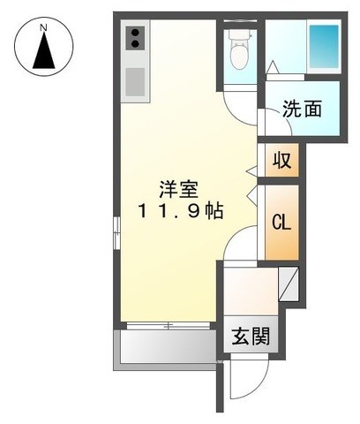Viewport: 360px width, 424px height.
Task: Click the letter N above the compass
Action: pyautogui.click(x=43, y=28)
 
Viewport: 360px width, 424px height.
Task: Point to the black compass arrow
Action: pyautogui.click(x=44, y=50)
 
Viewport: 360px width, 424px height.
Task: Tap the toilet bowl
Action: pyautogui.click(x=238, y=57)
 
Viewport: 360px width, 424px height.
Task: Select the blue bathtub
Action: pyautogui.click(x=324, y=46)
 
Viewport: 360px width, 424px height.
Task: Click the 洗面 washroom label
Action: pyautogui.click(x=302, y=109)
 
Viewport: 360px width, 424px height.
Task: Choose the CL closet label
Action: pyautogui.click(x=281, y=223)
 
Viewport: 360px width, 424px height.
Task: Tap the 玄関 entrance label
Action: pyautogui.click(x=251, y=336)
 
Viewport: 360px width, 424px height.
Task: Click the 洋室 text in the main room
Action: pyautogui.click(x=178, y=189)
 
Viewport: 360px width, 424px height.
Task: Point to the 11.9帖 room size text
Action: pyautogui.click(x=179, y=211)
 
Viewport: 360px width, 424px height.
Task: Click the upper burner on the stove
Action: pyautogui.click(x=135, y=33)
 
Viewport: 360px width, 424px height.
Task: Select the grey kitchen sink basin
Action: pyautogui.click(x=135, y=82)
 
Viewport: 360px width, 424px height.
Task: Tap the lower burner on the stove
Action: pyautogui.click(x=135, y=44)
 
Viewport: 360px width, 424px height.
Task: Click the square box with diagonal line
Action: pyautogui.click(x=289, y=284)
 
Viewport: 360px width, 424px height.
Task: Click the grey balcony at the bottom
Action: pyautogui.click(x=166, y=350)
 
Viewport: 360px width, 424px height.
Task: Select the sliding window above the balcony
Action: pyautogui.click(x=169, y=326)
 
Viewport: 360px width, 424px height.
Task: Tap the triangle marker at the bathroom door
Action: pyautogui.click(x=273, y=67)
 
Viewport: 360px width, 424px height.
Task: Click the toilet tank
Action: pyautogui.click(x=238, y=34)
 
